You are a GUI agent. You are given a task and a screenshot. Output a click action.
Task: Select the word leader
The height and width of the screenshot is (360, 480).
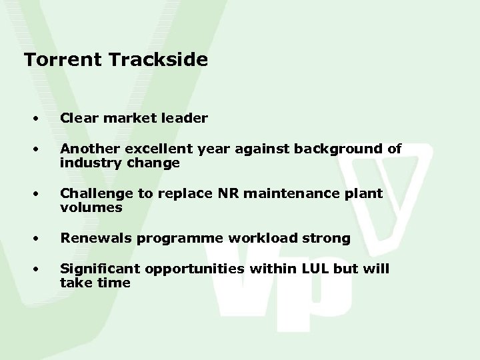click(x=187, y=119)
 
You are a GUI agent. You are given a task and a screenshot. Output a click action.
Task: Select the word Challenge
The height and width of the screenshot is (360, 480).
click(x=91, y=194)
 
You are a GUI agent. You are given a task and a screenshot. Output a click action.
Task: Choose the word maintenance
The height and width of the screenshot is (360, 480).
click(x=277, y=194)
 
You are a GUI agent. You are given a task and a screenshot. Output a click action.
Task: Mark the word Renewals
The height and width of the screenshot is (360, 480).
click(x=90, y=239)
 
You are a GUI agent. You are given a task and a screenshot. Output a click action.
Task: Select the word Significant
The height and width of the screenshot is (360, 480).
click(x=95, y=269)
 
